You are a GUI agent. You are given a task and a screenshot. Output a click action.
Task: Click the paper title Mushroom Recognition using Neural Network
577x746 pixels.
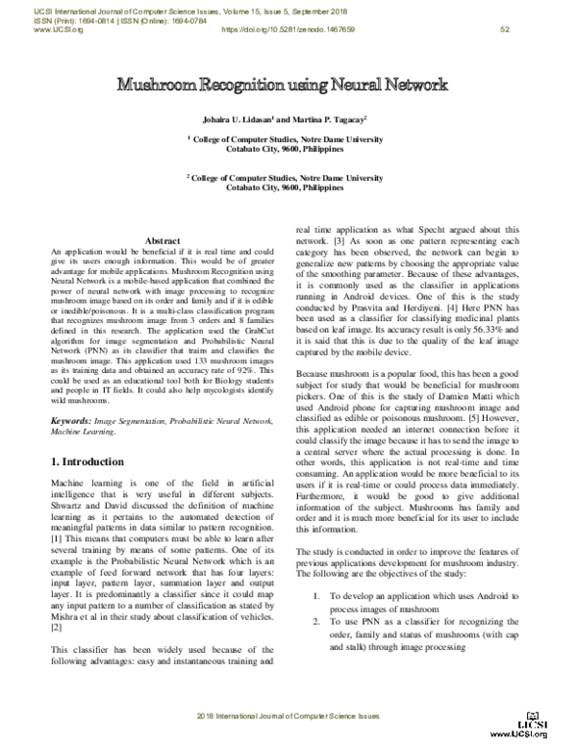tap(288, 85)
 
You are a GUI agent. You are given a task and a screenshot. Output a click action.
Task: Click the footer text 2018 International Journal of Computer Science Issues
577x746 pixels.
tap(288, 718)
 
